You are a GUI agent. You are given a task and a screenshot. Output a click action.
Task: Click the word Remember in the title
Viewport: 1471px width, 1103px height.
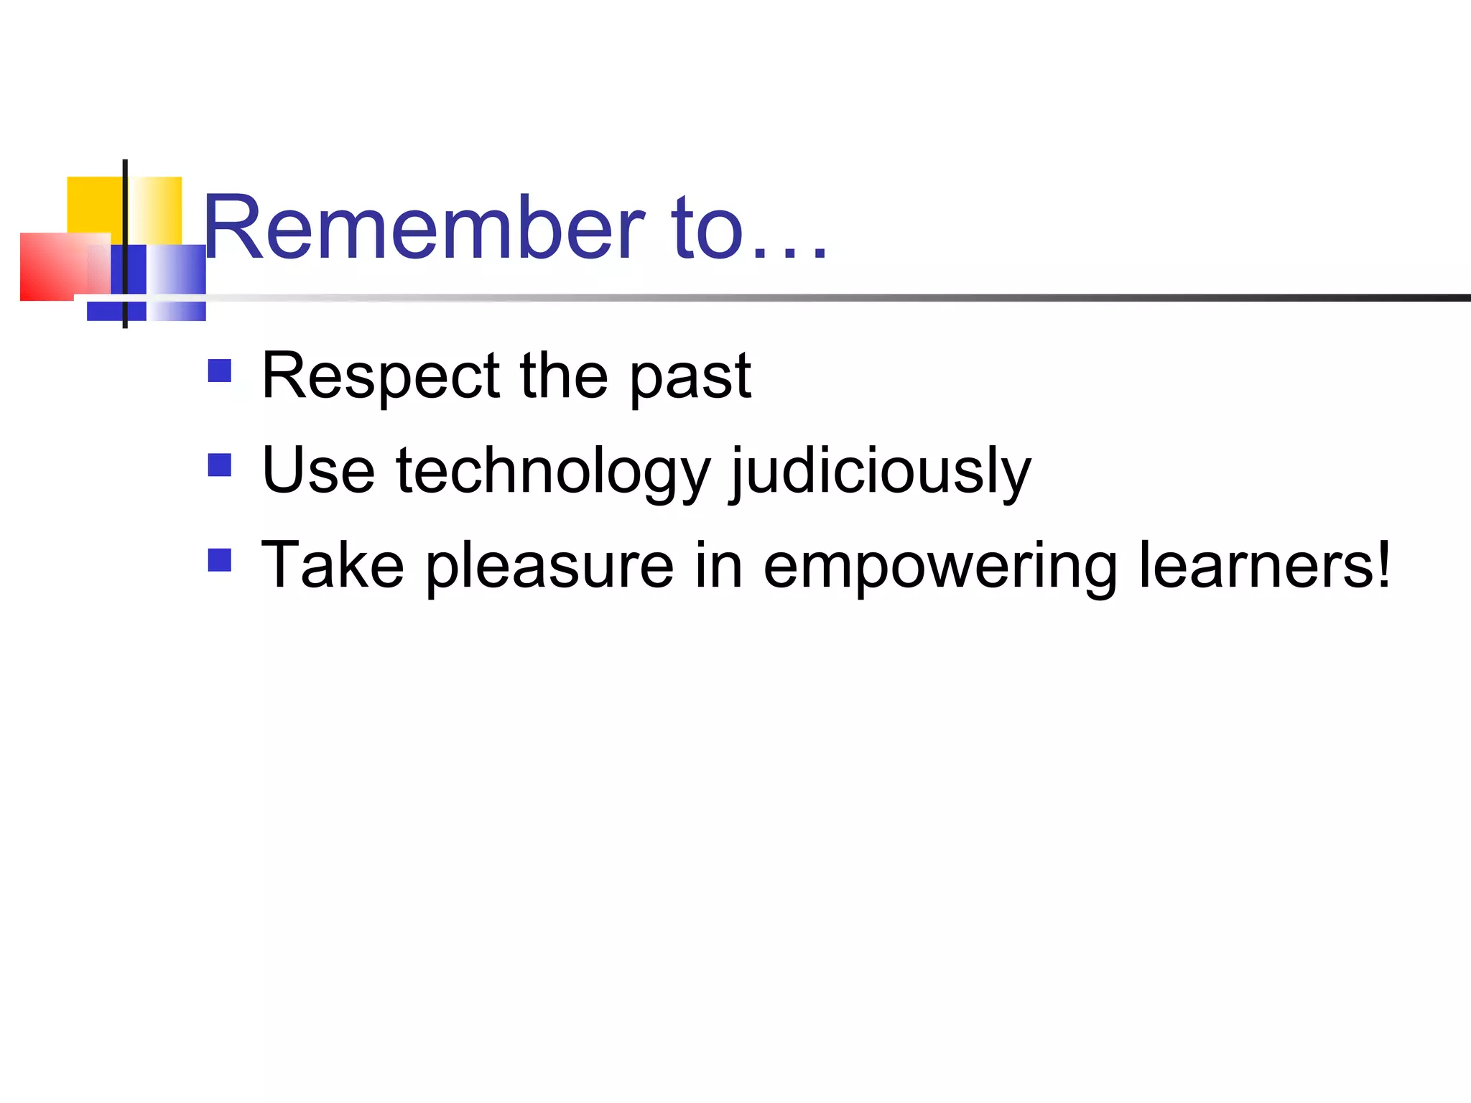[424, 228]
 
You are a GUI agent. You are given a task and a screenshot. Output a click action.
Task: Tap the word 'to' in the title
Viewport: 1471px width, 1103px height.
[707, 228]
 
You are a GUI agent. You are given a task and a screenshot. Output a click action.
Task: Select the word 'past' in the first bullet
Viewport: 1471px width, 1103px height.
[690, 378]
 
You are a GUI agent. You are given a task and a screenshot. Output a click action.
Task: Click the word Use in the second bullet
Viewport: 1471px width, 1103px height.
[318, 471]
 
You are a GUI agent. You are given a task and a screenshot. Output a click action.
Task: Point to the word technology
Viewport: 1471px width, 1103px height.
[553, 473]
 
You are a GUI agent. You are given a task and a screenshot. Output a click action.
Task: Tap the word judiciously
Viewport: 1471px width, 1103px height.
[881, 473]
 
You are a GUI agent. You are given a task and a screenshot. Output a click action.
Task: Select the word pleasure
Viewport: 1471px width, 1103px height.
[550, 567]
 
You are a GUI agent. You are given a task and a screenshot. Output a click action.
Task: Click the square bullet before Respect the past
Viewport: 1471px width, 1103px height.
[219, 371]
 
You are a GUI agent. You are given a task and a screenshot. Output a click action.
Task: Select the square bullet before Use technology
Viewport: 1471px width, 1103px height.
[219, 465]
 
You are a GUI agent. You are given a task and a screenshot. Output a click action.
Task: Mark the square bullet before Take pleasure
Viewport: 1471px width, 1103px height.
[219, 560]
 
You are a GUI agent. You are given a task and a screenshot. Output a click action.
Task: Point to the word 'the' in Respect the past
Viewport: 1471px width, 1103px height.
[564, 376]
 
